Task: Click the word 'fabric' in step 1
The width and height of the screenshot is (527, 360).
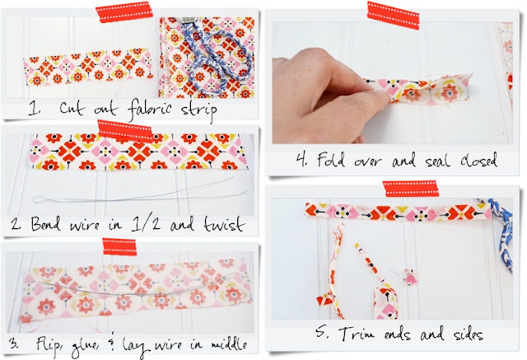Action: [149, 109]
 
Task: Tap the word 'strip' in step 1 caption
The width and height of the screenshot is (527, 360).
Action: [198, 110]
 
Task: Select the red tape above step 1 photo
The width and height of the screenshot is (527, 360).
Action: [124, 12]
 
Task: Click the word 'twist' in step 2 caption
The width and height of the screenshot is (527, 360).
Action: [224, 224]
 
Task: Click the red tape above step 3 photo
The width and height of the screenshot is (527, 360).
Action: [119, 246]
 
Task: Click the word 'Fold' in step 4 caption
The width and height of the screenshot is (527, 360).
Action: [331, 159]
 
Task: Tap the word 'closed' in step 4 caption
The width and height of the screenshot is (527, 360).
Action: [478, 161]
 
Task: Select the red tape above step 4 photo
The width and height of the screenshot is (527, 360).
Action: [394, 16]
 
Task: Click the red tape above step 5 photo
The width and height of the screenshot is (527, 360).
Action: [410, 189]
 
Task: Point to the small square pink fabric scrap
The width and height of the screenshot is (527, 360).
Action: [410, 278]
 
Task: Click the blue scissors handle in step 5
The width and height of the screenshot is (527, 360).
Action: [501, 232]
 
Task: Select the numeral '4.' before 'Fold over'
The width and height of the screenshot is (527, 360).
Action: [302, 160]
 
